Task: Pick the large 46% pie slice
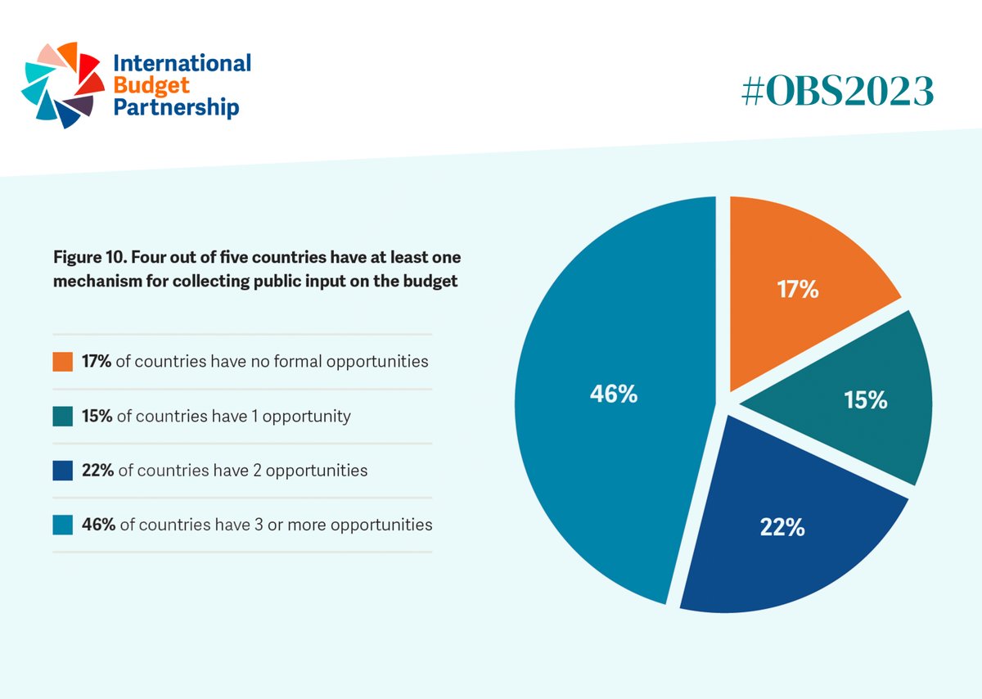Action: point(614,393)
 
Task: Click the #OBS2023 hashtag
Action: point(836,92)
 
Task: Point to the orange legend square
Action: point(63,361)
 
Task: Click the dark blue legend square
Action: point(63,471)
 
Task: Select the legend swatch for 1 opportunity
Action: point(63,416)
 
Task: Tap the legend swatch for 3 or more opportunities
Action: point(63,525)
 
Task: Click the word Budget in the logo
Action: point(141,84)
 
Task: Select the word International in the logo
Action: point(182,63)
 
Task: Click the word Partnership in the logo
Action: point(176,106)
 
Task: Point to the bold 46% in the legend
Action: point(98,525)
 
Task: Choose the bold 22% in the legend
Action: point(97,471)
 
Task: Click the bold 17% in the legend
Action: point(97,361)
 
